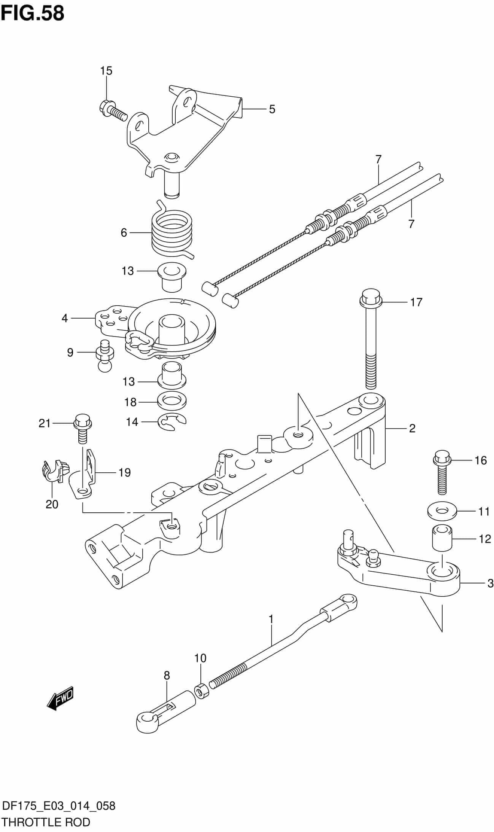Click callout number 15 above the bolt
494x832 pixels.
[x=106, y=71]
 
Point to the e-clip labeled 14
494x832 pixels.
[x=172, y=422]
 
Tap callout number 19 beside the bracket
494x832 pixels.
[x=124, y=472]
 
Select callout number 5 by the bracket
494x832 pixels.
[x=272, y=109]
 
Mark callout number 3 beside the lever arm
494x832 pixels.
[x=490, y=583]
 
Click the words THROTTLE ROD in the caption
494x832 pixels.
[x=46, y=821]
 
